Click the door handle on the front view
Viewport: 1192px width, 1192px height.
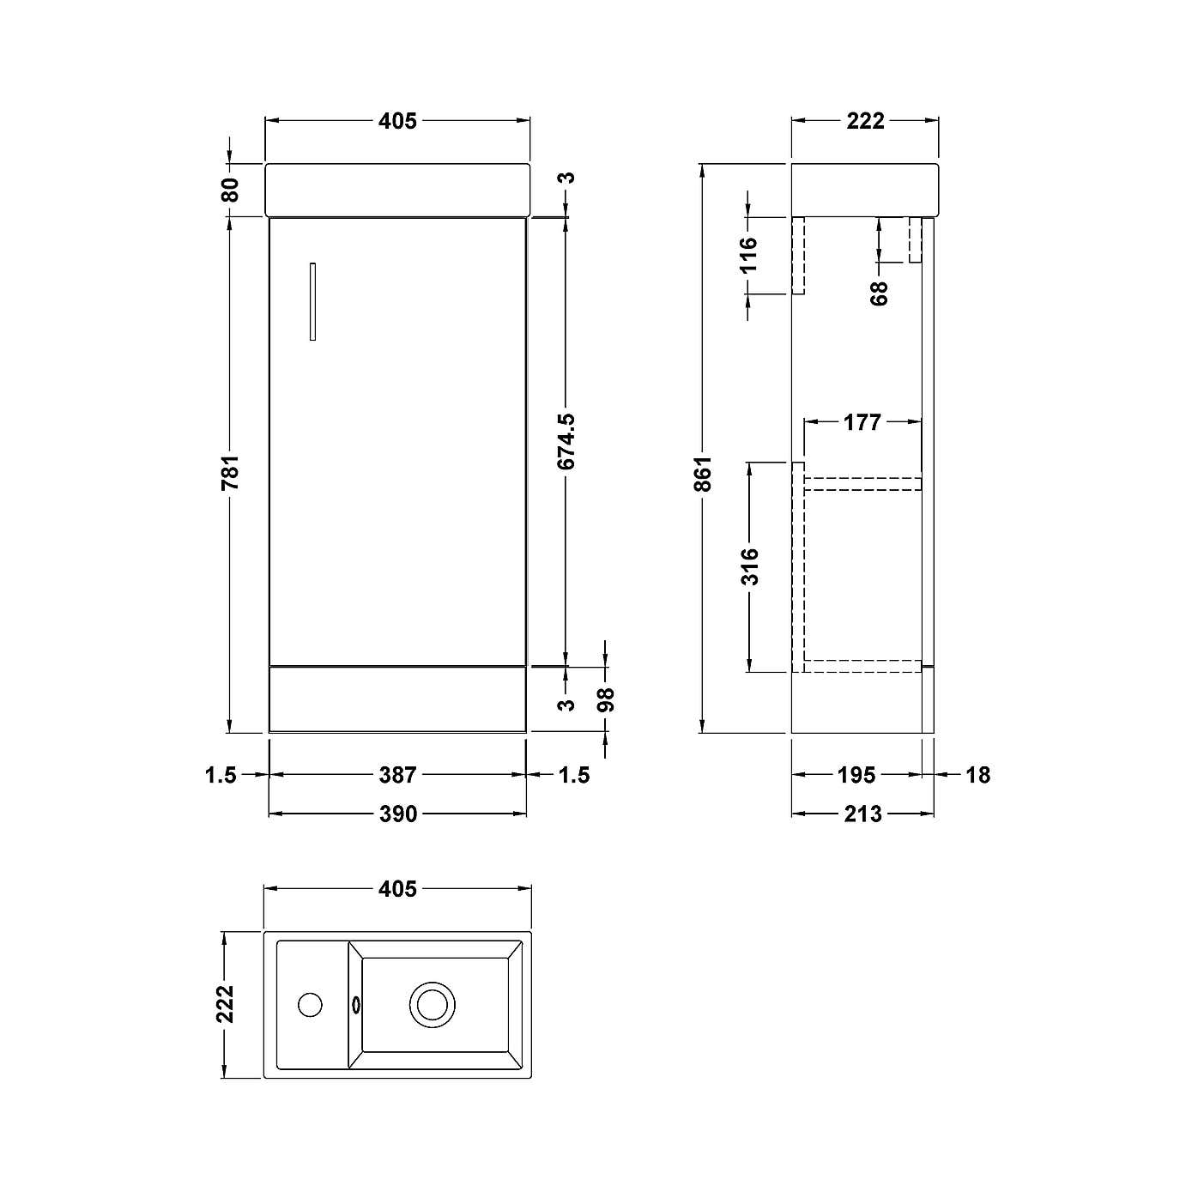(x=313, y=301)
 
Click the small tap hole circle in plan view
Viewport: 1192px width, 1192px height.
(x=309, y=1004)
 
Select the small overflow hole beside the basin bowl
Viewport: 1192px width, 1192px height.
(x=356, y=1004)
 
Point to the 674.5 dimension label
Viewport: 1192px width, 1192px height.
(x=566, y=442)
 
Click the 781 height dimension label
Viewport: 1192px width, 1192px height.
(x=230, y=474)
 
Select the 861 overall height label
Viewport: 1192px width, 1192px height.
(x=704, y=474)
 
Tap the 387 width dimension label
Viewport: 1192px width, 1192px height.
(x=397, y=775)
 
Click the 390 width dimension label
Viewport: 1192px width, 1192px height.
(x=397, y=813)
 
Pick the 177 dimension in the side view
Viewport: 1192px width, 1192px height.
(x=862, y=422)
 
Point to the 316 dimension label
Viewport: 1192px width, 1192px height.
(x=750, y=566)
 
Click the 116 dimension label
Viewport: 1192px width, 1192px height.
(x=749, y=255)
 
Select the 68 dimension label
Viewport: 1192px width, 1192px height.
(x=879, y=293)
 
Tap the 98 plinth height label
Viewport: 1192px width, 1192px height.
(x=606, y=699)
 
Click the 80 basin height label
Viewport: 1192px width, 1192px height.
(x=230, y=189)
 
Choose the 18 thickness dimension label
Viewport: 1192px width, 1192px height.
(x=977, y=775)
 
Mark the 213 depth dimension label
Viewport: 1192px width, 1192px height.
(x=862, y=813)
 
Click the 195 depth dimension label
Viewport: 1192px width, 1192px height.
(x=856, y=775)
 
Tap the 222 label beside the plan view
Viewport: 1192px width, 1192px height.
(x=225, y=1004)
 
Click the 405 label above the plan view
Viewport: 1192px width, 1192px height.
(x=397, y=889)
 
